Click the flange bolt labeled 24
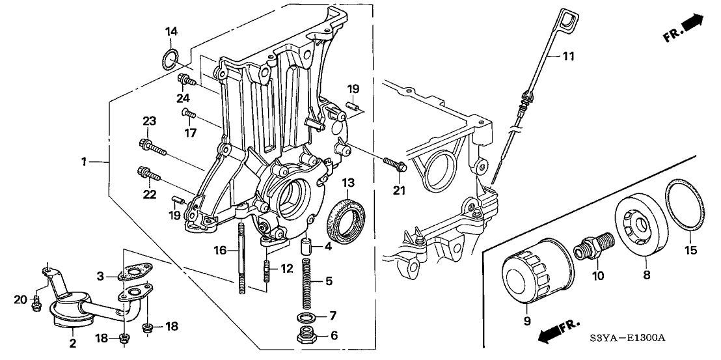click(185, 81)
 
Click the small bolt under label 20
click(36, 303)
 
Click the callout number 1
click(83, 161)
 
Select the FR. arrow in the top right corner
click(683, 30)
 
